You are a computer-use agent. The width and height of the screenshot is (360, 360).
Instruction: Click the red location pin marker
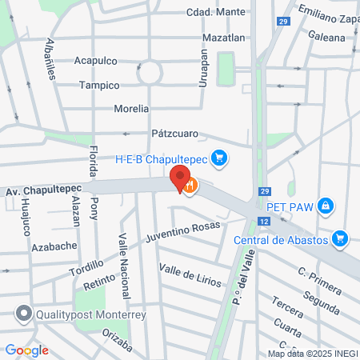tap(180, 178)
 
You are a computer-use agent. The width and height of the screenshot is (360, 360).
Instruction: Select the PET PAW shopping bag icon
tap(324, 206)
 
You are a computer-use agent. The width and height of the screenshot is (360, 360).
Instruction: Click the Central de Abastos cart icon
tap(341, 238)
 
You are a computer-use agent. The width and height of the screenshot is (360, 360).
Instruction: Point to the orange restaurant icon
tap(190, 186)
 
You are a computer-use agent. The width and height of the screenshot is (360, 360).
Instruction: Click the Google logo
tap(26, 350)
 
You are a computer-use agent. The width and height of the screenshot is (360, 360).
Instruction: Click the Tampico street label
tap(99, 85)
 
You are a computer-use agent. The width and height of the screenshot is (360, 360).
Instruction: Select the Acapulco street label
tap(95, 61)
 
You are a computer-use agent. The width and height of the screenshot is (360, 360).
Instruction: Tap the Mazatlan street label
tap(224, 38)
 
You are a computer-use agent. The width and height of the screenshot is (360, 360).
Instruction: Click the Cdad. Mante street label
tap(214, 13)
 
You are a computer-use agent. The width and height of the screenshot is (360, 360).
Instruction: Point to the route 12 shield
tap(263, 219)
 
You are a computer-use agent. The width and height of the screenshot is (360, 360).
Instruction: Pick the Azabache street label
tap(54, 246)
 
